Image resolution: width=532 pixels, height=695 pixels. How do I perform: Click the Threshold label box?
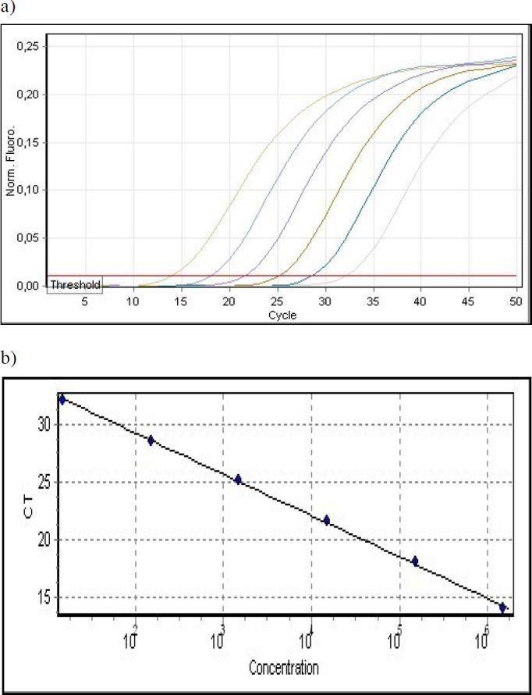[x=75, y=285]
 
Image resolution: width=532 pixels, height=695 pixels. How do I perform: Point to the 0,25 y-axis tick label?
[x=27, y=47]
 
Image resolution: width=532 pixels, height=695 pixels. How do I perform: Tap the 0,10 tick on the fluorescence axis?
[x=27, y=190]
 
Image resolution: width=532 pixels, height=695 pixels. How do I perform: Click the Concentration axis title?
[x=284, y=668]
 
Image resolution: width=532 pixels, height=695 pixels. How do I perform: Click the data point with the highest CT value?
[x=62, y=399]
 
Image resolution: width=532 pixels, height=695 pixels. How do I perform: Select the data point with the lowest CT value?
[x=503, y=607]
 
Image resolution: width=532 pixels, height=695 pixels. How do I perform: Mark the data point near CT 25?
[x=238, y=479]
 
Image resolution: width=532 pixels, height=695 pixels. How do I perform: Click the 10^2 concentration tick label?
[x=130, y=641]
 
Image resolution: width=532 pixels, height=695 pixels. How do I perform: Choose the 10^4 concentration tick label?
[x=307, y=641]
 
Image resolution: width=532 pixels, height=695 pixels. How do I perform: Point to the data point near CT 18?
[x=415, y=561]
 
